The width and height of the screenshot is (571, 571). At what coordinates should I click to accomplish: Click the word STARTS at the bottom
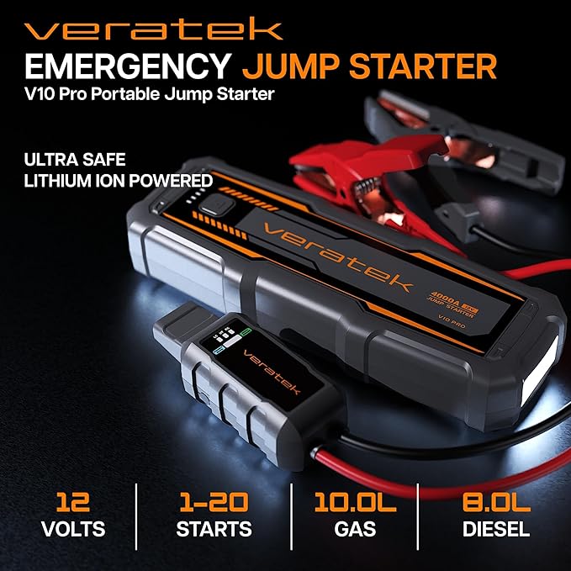(214, 530)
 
